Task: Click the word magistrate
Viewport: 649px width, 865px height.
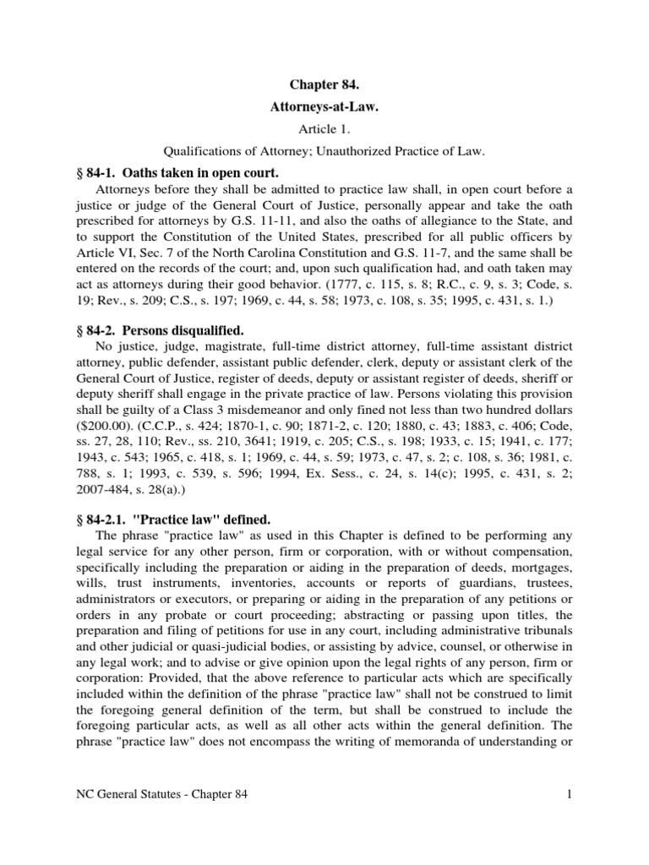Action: pos(226,347)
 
